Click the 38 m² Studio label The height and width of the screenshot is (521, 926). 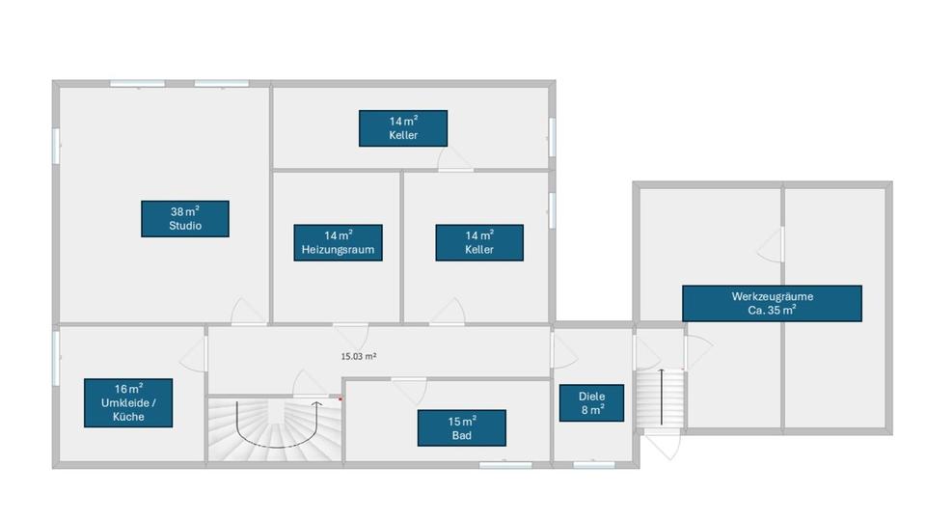tap(184, 218)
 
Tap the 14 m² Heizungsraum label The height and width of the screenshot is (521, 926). tap(337, 242)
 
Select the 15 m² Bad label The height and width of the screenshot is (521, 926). tap(461, 428)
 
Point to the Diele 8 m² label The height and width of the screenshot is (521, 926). tap(591, 402)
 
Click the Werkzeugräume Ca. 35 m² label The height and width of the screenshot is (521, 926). tap(772, 303)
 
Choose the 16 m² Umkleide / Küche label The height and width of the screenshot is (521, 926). tap(128, 402)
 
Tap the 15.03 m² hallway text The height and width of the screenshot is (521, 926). tap(358, 355)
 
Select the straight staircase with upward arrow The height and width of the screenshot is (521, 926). tap(661, 397)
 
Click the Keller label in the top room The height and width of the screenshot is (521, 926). tap(402, 128)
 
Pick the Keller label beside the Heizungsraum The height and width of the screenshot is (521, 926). tap(478, 242)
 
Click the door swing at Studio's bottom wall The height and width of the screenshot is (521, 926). tap(247, 313)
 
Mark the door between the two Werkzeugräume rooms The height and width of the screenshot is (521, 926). tap(772, 245)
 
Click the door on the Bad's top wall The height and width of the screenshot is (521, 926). tap(408, 388)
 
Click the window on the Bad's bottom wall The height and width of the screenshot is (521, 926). tap(504, 466)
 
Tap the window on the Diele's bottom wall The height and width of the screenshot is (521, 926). tap(593, 466)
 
